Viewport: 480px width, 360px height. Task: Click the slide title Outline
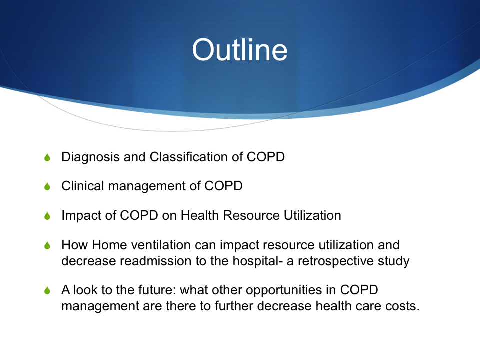pyautogui.click(x=240, y=50)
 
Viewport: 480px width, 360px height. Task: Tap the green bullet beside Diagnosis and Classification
pyautogui.click(x=47, y=157)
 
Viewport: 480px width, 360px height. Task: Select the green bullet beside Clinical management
pyautogui.click(x=47, y=186)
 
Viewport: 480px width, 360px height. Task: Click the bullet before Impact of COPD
pyautogui.click(x=47, y=216)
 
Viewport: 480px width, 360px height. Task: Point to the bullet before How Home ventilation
pyautogui.click(x=47, y=245)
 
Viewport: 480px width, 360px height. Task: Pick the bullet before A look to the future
pyautogui.click(x=47, y=290)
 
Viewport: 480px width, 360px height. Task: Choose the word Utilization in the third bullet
pyautogui.click(x=312, y=215)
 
